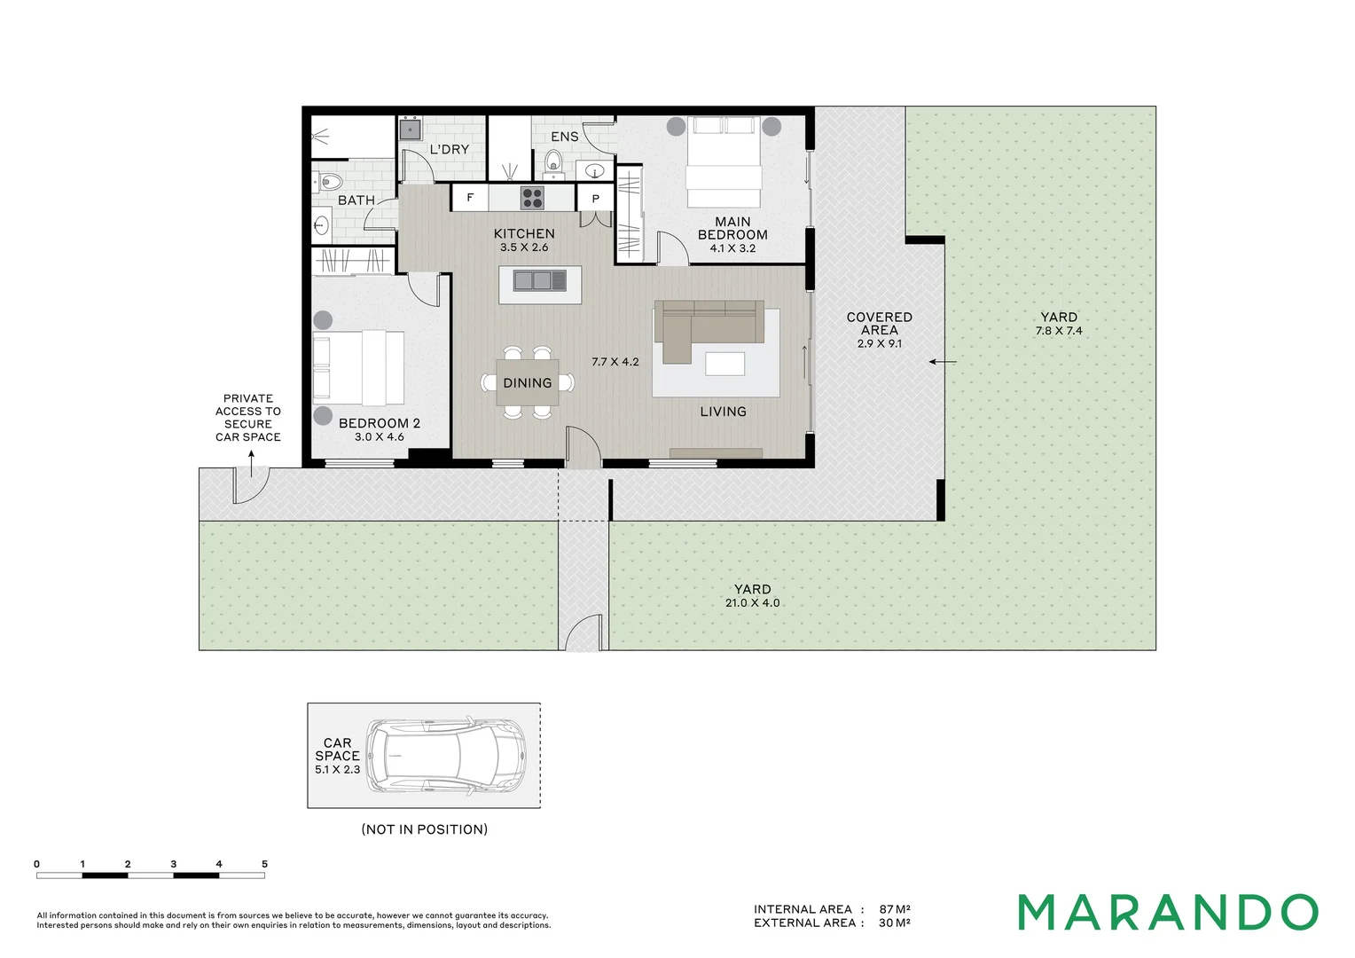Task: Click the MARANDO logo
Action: pos(1168,912)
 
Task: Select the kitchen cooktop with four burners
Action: pos(532,197)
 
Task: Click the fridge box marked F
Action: pos(470,197)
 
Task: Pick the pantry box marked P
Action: pos(595,198)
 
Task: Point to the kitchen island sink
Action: pos(540,280)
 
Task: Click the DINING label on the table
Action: pos(528,383)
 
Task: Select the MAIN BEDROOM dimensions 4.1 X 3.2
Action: pos(732,248)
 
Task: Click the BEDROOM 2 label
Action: pos(380,424)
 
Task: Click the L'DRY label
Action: pos(450,150)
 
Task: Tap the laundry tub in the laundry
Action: pos(410,129)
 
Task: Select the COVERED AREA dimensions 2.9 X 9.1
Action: pos(880,344)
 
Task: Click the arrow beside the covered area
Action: pos(943,362)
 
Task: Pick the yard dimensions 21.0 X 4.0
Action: pos(753,603)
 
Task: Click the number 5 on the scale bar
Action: pos(264,864)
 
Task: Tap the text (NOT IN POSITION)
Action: pos(425,829)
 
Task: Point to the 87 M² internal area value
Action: pos(896,909)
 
